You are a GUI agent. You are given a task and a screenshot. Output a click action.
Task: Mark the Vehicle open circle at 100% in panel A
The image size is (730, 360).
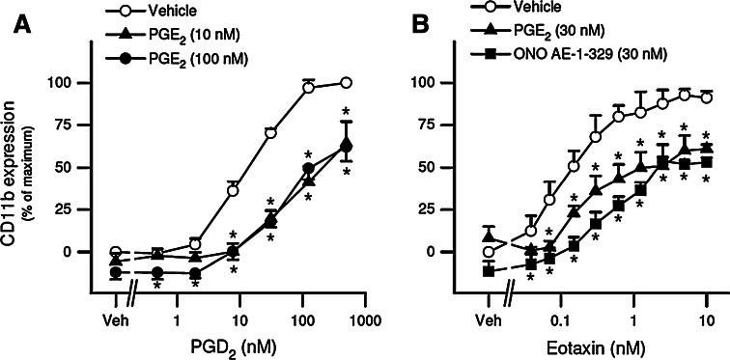[347, 82]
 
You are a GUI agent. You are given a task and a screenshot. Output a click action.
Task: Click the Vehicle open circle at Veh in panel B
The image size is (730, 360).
[489, 252]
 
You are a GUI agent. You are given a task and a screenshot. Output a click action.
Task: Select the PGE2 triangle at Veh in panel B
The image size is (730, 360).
[489, 235]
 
